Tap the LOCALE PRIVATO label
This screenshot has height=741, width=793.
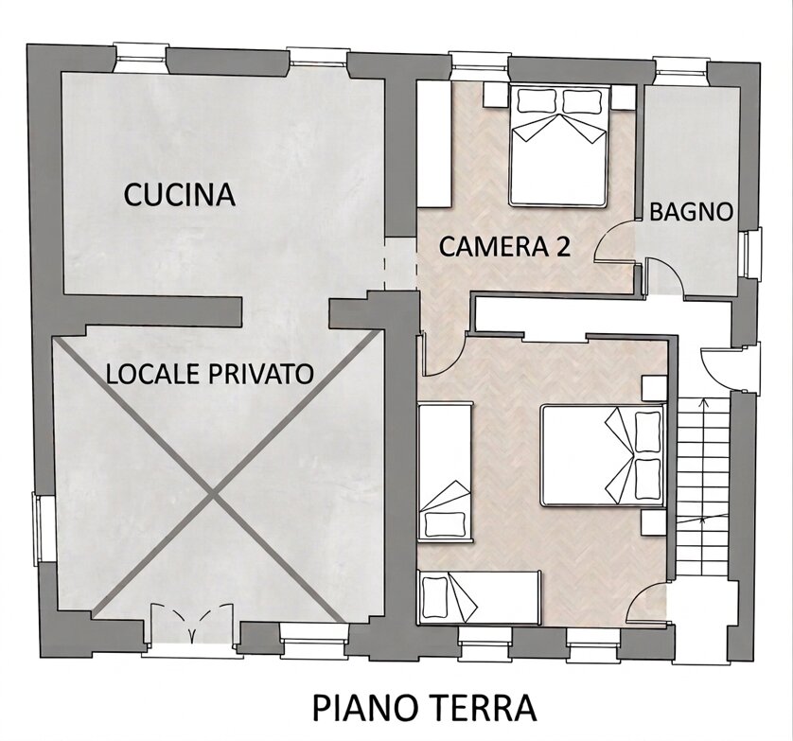coord(209,375)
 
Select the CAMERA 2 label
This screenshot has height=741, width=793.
coord(504,247)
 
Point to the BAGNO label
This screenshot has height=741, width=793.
coord(691,212)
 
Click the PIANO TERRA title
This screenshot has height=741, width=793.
coord(424,708)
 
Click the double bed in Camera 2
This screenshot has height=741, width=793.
coord(558,146)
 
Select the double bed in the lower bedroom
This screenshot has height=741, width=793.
coord(603,454)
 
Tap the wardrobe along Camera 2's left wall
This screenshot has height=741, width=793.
coord(434,144)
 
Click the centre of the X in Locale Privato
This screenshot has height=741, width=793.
coord(215,495)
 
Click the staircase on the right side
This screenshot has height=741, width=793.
coord(702,488)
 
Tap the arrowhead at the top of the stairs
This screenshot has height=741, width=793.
coord(702,402)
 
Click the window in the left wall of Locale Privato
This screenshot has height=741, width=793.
coord(38,526)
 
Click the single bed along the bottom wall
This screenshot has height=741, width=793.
coord(479,596)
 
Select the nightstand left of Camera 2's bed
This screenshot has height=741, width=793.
coord(495,95)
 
